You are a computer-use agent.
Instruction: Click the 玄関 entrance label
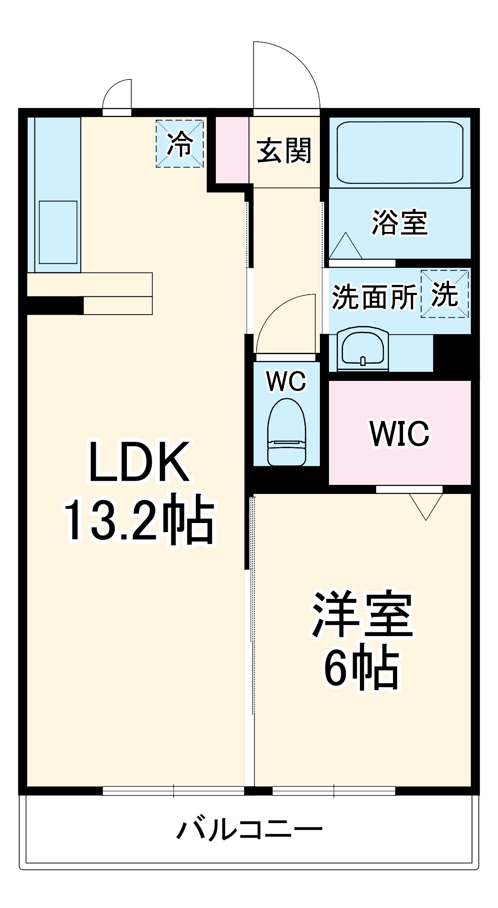pyautogui.click(x=284, y=151)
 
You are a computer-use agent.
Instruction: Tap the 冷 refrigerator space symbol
pyautogui.click(x=179, y=144)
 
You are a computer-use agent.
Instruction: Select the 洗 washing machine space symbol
pyautogui.click(x=444, y=294)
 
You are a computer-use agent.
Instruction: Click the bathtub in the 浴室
pyautogui.click(x=400, y=153)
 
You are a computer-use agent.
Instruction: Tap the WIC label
pyautogui.click(x=399, y=434)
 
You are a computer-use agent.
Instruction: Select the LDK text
pyautogui.click(x=139, y=462)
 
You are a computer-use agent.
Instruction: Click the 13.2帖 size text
pyautogui.click(x=139, y=522)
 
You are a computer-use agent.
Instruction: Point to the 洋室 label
pyautogui.click(x=362, y=615)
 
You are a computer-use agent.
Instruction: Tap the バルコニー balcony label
pyautogui.click(x=249, y=829)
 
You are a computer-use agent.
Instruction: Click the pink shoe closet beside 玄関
pyautogui.click(x=232, y=150)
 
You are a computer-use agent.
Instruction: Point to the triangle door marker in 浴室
pyautogui.click(x=346, y=247)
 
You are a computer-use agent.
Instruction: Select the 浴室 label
pyautogui.click(x=399, y=222)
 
